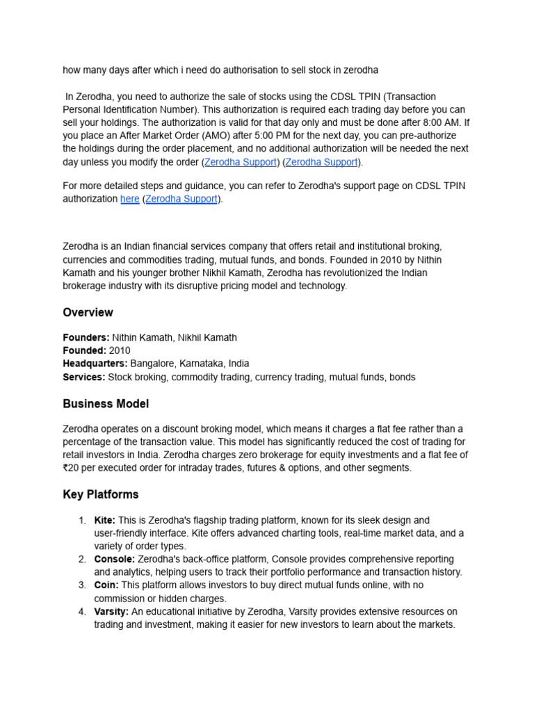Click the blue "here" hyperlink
click(x=130, y=199)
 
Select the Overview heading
click(x=88, y=312)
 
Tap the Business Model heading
click(x=106, y=403)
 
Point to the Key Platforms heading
click(x=101, y=494)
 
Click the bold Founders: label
click(x=86, y=337)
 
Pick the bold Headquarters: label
click(x=95, y=364)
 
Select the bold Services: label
click(x=84, y=377)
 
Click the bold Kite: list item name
click(x=105, y=520)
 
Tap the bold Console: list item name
click(x=115, y=559)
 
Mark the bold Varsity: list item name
click(x=111, y=611)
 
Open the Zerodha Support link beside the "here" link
click(x=181, y=199)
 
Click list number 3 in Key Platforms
click(x=81, y=585)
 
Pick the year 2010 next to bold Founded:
click(x=120, y=350)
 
